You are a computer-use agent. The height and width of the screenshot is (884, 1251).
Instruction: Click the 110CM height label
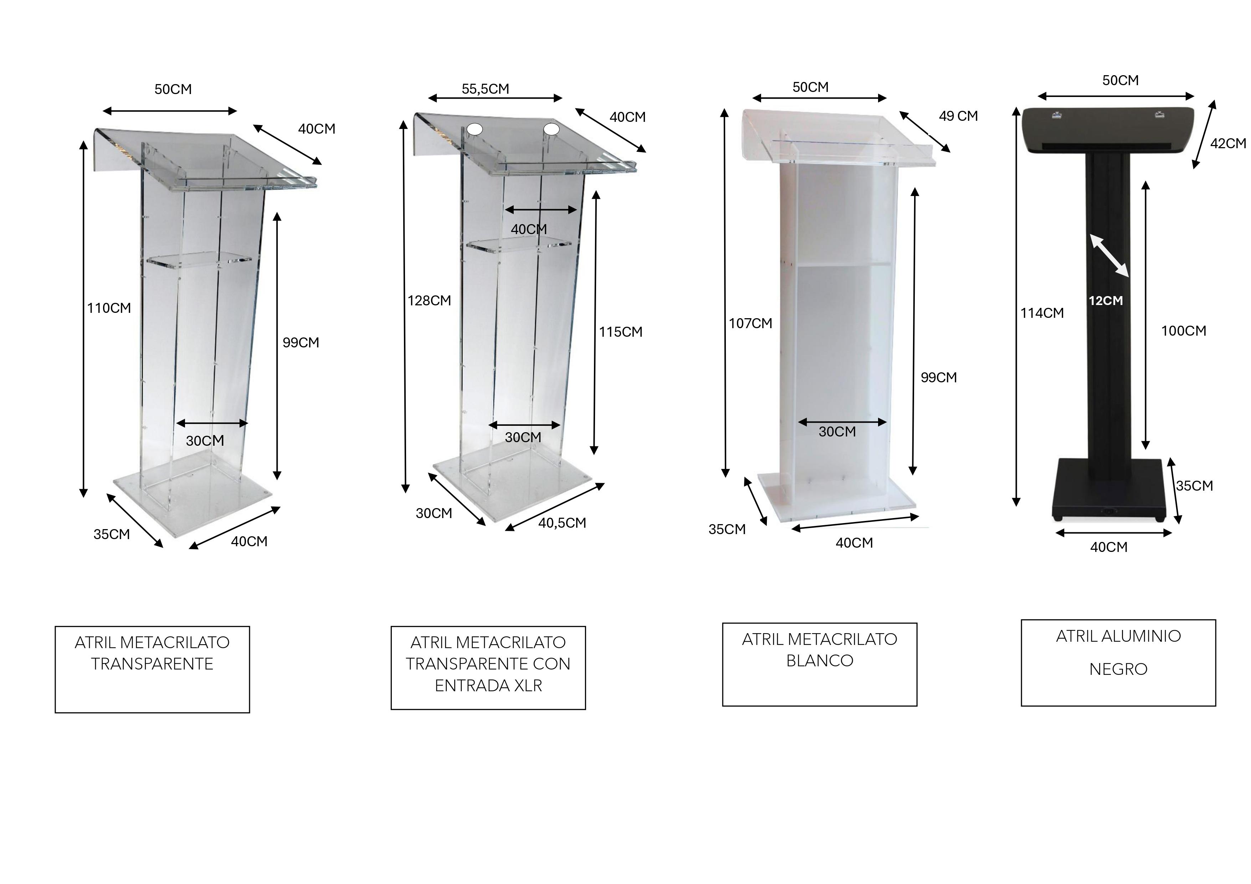point(109,308)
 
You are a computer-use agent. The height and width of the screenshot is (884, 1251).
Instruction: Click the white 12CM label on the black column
point(1106,301)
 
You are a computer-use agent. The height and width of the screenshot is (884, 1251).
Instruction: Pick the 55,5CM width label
point(486,89)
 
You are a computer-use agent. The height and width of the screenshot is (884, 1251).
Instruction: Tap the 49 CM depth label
point(958,116)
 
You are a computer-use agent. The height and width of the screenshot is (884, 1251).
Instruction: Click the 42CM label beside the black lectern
point(1228,143)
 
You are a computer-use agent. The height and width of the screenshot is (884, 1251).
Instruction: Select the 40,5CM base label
point(562,523)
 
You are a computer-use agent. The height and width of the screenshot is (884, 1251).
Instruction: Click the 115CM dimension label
point(621,332)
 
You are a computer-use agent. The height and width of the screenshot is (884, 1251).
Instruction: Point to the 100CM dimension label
point(1183,331)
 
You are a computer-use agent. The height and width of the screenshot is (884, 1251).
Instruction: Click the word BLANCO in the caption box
point(820,661)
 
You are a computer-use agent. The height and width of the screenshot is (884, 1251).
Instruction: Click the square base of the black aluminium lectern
point(1109,489)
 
